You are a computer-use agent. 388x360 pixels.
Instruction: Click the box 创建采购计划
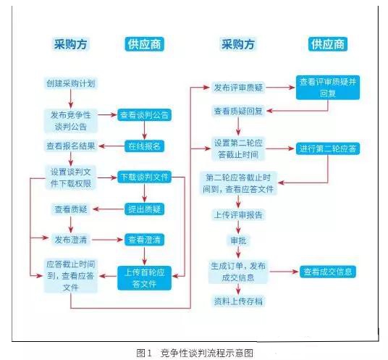click(71, 83)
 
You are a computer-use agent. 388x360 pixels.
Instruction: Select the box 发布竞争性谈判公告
click(71, 119)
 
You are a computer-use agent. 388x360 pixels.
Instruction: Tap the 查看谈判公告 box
click(145, 114)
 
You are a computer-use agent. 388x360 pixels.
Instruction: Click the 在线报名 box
click(145, 146)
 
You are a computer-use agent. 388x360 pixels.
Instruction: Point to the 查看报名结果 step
click(70, 146)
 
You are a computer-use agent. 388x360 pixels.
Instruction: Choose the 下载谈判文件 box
click(144, 177)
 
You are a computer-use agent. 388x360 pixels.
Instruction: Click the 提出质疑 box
click(145, 209)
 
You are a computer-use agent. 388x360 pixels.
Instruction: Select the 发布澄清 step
click(71, 239)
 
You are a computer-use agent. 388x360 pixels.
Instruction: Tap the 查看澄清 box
click(145, 239)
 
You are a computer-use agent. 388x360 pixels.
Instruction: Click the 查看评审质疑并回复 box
click(328, 87)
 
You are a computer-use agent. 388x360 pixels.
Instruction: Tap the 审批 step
click(238, 240)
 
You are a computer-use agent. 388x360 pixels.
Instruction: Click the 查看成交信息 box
click(328, 272)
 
